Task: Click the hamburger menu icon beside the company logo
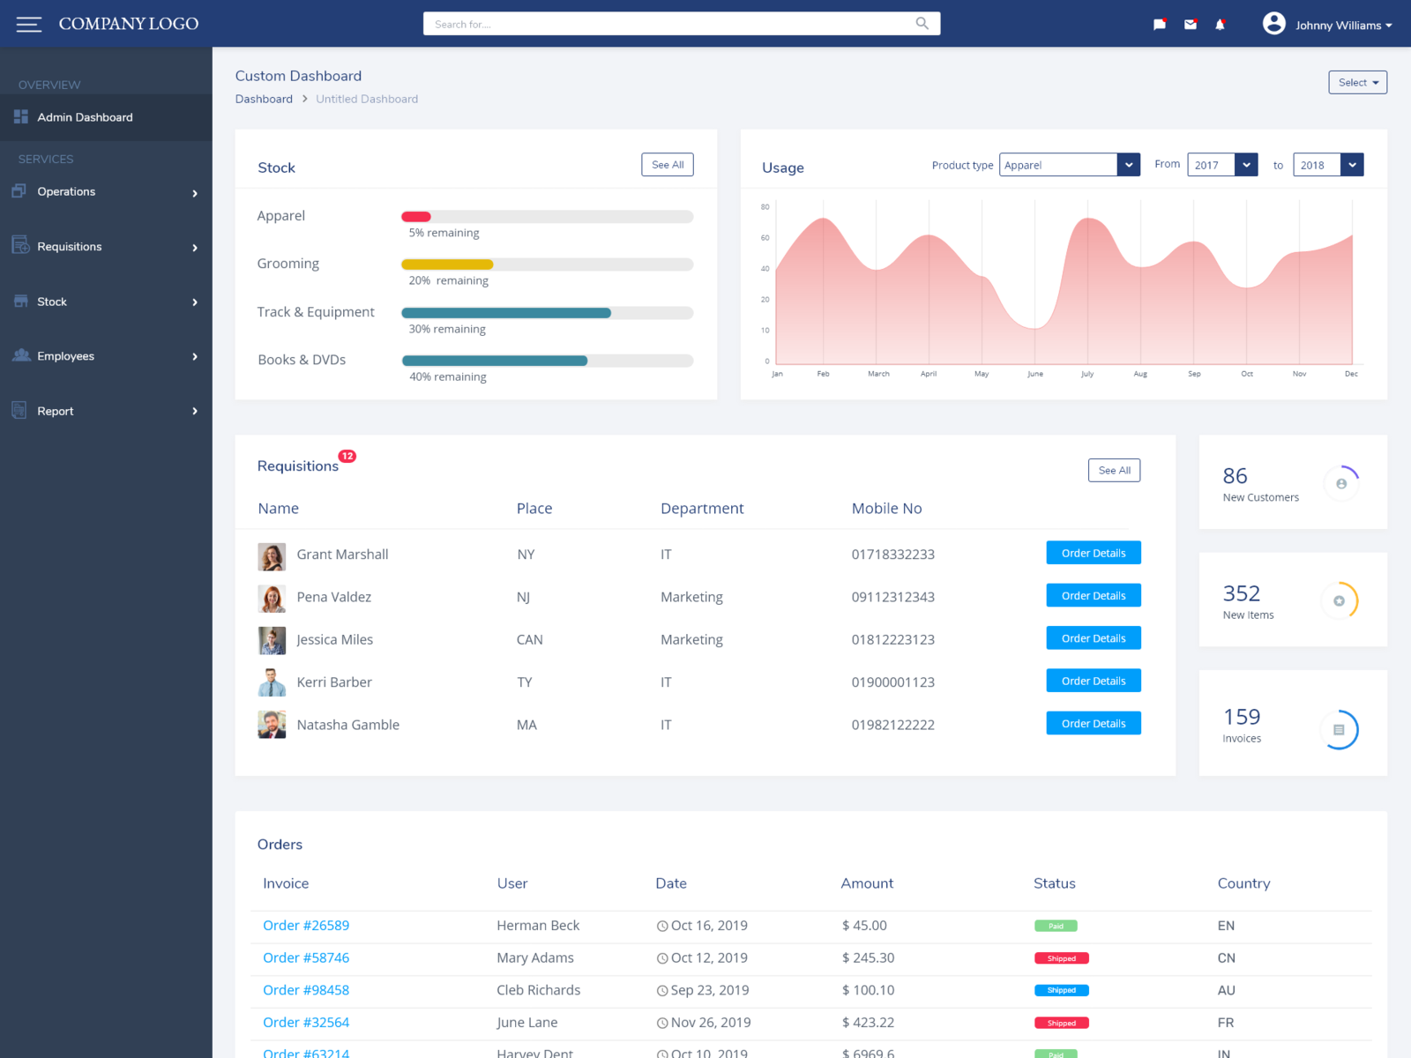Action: coord(28,25)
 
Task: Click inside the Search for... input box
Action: coord(670,24)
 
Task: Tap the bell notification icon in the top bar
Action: coord(1220,25)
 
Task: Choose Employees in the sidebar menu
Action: coord(66,356)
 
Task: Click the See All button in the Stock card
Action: coord(668,165)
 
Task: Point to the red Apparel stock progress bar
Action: coord(416,217)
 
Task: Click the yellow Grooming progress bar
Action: coord(447,264)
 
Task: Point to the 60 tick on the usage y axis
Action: coord(765,238)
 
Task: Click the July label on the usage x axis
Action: coord(1087,374)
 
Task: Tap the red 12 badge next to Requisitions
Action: coord(347,457)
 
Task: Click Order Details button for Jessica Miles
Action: coord(1094,638)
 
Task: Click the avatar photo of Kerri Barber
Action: coord(272,682)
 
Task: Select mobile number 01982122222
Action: coord(892,725)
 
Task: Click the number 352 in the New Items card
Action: coord(1241,593)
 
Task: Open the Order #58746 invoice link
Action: coord(306,957)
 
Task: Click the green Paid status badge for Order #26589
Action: coord(1056,926)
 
